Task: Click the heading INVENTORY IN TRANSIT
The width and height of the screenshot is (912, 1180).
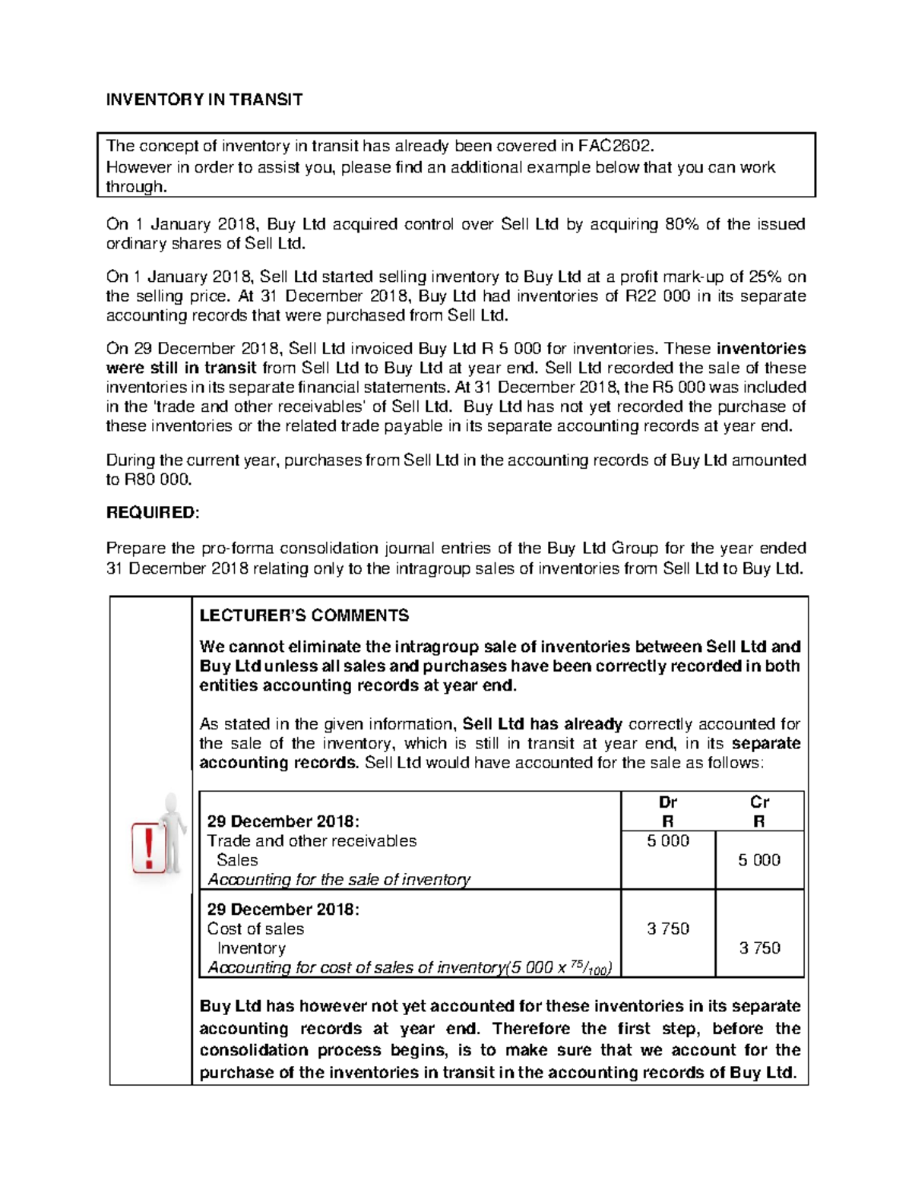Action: click(204, 100)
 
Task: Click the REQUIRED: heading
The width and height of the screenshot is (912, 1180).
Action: click(152, 513)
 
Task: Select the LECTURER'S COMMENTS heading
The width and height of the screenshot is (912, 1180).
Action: click(304, 615)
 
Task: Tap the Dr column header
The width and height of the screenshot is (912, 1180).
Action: click(668, 802)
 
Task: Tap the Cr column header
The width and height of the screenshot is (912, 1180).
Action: click(759, 802)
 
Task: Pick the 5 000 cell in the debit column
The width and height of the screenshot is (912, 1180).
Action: click(668, 841)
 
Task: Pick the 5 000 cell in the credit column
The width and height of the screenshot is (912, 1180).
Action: click(759, 860)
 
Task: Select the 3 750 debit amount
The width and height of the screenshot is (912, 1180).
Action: click(668, 928)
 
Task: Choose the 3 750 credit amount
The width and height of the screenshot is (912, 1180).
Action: click(759, 948)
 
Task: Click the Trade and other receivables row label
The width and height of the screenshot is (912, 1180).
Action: click(312, 841)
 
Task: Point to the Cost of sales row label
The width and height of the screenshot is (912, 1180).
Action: click(255, 928)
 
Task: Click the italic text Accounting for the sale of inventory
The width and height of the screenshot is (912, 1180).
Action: click(339, 880)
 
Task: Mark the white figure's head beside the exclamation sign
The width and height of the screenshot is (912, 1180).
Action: click(173, 803)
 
